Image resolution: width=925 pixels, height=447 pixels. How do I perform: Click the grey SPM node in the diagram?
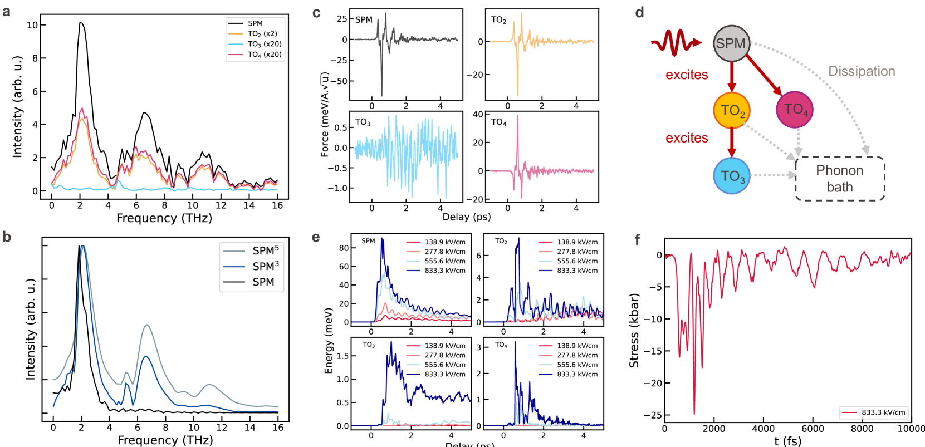click(x=731, y=43)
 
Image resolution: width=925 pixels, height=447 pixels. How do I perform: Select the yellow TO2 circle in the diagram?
click(x=732, y=110)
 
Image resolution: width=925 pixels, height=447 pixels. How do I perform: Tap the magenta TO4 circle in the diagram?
click(x=795, y=109)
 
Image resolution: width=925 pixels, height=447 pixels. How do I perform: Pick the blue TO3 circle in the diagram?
click(x=732, y=176)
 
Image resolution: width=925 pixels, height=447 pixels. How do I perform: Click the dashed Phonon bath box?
click(x=839, y=179)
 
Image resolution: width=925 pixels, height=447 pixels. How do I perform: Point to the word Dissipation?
click(x=862, y=71)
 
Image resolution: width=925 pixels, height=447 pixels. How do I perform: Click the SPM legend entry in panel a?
click(x=255, y=23)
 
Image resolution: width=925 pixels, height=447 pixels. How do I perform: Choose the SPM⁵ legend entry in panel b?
click(x=265, y=250)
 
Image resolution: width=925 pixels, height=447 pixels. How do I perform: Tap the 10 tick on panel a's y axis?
click(x=32, y=25)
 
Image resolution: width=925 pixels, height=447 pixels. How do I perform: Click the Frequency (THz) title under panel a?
click(x=164, y=218)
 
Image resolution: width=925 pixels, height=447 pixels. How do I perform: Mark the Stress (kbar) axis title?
click(x=634, y=330)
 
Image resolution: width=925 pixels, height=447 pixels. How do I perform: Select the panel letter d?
click(x=640, y=12)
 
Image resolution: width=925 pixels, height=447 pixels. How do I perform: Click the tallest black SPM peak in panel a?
click(x=81, y=23)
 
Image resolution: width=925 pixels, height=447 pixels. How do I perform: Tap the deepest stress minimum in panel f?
click(x=694, y=414)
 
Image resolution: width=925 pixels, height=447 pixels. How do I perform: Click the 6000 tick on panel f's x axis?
click(x=813, y=429)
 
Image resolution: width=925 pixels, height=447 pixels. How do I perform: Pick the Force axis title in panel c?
click(x=325, y=114)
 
